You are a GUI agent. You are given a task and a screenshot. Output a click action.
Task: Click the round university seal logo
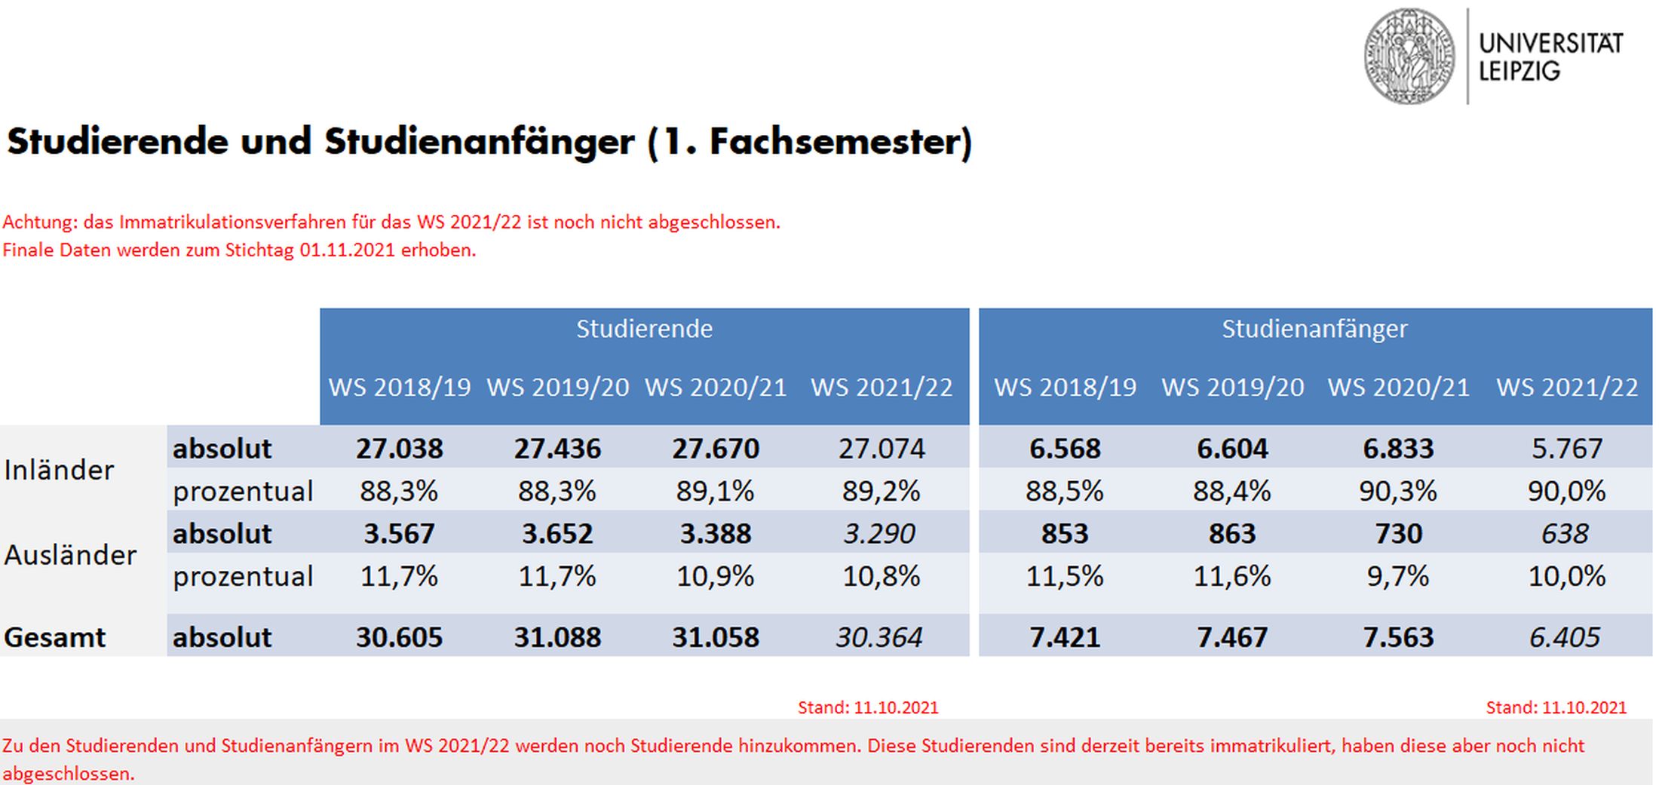[x=1409, y=57]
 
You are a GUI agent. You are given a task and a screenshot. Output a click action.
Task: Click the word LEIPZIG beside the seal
[x=1519, y=72]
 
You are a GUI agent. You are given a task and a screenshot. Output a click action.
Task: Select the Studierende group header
[x=644, y=329]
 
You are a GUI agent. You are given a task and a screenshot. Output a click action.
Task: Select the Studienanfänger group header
[x=1314, y=329]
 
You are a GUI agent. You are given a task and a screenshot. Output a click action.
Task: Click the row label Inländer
[x=59, y=470]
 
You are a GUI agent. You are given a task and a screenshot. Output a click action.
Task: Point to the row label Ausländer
[x=70, y=555]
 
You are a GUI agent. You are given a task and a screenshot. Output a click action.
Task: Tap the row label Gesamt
[x=54, y=637]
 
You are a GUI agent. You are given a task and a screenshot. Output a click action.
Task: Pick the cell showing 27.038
[x=399, y=449]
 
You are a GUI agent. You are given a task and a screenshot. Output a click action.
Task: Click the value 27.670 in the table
[x=716, y=449]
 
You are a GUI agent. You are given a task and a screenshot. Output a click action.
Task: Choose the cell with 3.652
[x=557, y=534]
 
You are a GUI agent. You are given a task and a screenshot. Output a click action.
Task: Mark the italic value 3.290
[x=879, y=534]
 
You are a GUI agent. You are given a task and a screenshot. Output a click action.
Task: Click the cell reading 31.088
[x=557, y=637]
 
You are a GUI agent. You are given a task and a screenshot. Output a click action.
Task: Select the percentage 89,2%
[x=881, y=492]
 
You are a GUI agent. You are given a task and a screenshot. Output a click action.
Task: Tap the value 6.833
[x=1398, y=449]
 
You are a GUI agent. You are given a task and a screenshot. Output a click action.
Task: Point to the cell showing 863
[x=1232, y=534]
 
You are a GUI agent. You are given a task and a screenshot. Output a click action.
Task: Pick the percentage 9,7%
[x=1398, y=577]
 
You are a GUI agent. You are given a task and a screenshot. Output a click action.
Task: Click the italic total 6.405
[x=1565, y=637]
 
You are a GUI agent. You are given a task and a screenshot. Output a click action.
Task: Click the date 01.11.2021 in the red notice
[x=347, y=250]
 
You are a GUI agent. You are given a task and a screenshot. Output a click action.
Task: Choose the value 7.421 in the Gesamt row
[x=1065, y=637]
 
